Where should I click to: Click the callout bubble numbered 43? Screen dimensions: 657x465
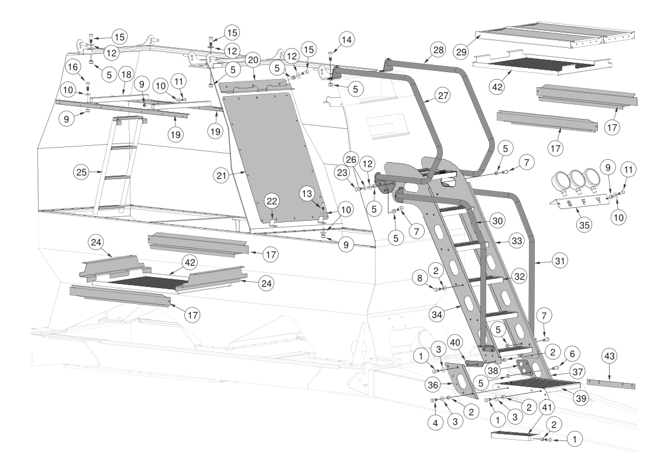pos(609,357)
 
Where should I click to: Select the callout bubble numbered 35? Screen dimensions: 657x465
pos(584,225)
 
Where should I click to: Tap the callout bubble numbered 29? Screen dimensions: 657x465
pos(462,52)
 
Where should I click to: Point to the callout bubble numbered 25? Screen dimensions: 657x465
pos(82,172)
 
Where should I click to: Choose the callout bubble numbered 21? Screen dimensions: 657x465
pos(222,175)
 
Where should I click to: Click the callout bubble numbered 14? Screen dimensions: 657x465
pos(346,40)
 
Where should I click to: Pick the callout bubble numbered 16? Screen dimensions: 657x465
pos(73,67)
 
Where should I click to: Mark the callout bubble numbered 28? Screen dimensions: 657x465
pos(438,50)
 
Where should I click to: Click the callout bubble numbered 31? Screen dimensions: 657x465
pos(560,261)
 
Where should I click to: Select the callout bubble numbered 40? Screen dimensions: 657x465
pos(455,343)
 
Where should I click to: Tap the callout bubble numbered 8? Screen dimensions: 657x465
pos(420,278)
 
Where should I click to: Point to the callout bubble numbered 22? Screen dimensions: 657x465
pos(272,201)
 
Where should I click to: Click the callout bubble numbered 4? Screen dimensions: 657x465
pos(435,423)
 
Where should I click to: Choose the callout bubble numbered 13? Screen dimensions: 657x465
pos(307,193)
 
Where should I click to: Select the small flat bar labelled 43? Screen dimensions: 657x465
pos(611,384)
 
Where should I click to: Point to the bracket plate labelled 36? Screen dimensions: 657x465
pos(462,380)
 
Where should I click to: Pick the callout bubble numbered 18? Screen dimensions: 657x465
pos(126,74)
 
